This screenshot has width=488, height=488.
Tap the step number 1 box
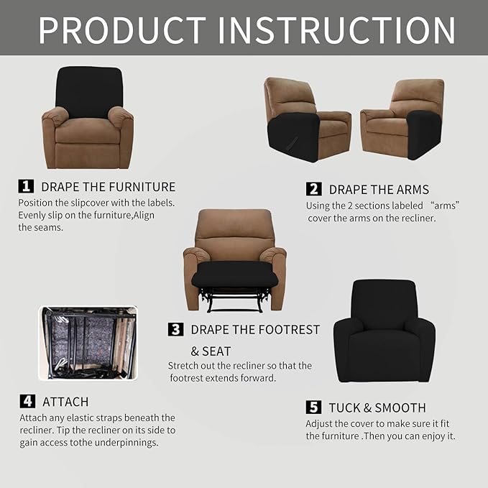[x=26, y=186]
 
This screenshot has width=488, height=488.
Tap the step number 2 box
[x=313, y=189]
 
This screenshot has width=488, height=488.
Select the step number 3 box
[x=175, y=329]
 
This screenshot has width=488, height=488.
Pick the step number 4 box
[x=27, y=401]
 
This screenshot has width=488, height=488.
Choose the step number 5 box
[x=313, y=408]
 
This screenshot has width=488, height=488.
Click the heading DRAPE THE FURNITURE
[x=108, y=187]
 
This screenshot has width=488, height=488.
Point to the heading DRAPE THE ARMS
[x=379, y=190]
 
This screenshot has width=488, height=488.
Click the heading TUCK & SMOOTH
[x=377, y=408]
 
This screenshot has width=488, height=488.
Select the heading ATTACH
[x=65, y=402]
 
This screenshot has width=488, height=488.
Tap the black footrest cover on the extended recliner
[x=234, y=274]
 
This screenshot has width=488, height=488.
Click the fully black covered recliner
[x=384, y=332]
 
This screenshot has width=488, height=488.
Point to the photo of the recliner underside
[x=88, y=343]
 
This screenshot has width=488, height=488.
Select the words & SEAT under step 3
[x=211, y=351]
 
